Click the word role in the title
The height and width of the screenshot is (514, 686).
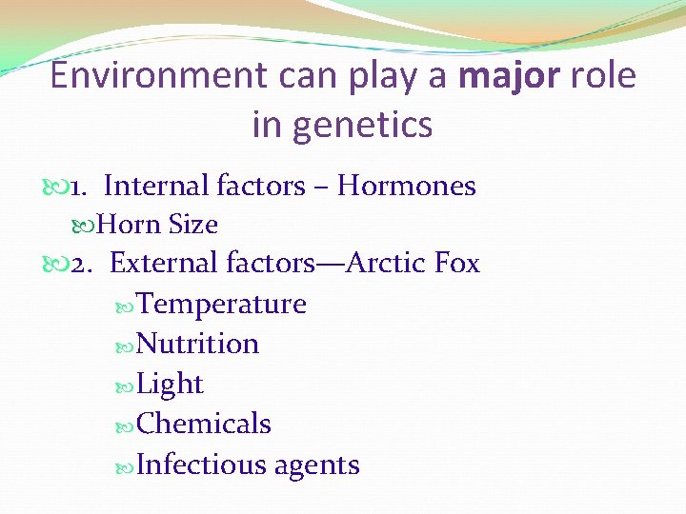(603, 76)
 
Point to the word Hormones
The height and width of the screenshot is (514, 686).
(407, 187)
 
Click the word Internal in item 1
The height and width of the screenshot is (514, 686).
(156, 187)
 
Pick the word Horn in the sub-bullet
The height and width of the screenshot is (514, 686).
(130, 226)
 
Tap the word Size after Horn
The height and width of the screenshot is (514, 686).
(193, 226)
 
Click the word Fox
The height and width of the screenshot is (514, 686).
(455, 263)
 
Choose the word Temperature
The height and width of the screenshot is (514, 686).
(222, 305)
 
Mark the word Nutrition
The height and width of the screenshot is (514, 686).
(198, 344)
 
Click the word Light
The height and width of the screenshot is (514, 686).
(171, 385)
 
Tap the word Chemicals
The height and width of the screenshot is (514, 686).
(204, 425)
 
